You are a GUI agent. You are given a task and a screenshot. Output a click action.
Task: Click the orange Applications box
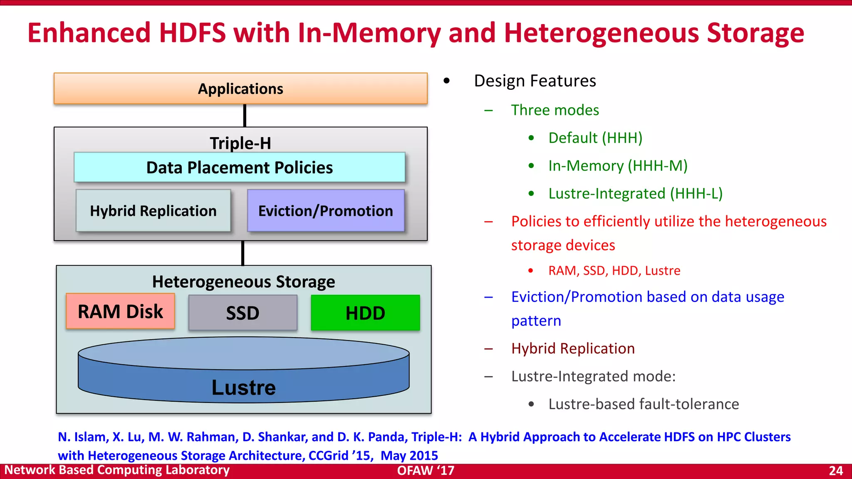(240, 89)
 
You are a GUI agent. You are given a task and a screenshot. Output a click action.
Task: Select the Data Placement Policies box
(240, 167)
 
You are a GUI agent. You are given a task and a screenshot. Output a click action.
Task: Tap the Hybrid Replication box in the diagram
(153, 211)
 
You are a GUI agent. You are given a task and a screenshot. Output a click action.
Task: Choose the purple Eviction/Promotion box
(326, 211)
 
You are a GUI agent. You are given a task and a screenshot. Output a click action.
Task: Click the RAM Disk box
(120, 311)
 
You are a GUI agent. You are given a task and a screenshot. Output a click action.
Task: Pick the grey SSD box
(243, 313)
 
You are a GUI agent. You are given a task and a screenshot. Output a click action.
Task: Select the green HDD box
(365, 313)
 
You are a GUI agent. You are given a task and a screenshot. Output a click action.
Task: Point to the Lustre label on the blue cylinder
(243, 388)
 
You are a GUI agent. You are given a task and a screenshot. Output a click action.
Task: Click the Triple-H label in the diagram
(240, 143)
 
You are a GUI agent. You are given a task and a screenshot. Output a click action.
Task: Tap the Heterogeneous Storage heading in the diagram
(243, 281)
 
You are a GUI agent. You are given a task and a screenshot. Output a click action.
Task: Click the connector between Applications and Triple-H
(245, 115)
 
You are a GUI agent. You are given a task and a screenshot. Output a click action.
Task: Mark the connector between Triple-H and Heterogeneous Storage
(243, 253)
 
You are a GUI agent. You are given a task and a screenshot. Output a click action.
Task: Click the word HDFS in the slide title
(192, 33)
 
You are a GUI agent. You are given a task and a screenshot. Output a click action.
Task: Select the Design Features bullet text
(535, 81)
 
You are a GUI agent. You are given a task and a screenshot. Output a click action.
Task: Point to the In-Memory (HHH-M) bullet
(618, 165)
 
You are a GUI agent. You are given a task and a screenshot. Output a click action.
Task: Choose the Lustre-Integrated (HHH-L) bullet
(635, 193)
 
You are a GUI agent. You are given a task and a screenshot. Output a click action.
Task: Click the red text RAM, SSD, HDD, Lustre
(614, 271)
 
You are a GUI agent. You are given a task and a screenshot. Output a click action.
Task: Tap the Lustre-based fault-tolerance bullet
(644, 404)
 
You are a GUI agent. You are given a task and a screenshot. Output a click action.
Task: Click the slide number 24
(836, 471)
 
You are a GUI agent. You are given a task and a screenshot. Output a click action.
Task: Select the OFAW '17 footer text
(426, 471)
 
